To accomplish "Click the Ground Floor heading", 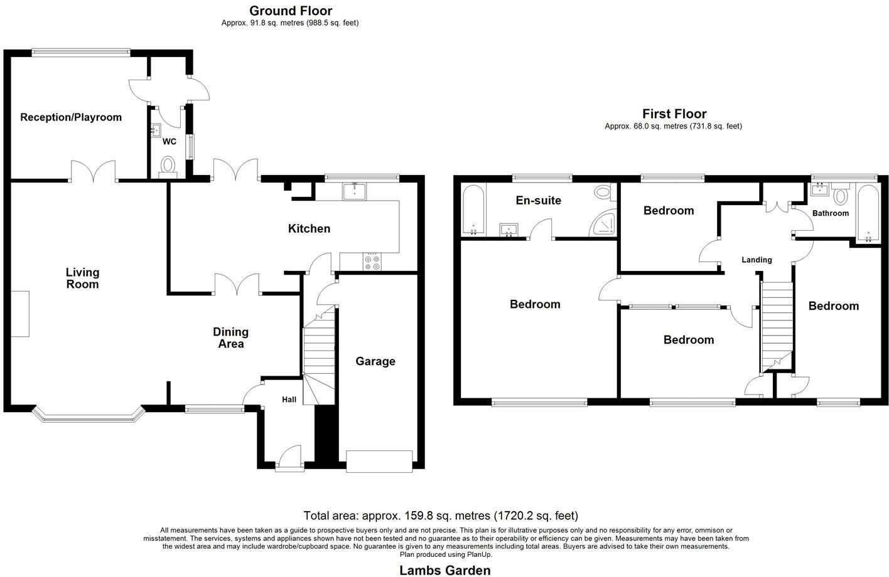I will (x=290, y=11).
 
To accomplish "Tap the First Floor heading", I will (x=674, y=114).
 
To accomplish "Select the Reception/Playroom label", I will (x=71, y=117).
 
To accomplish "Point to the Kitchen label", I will (x=309, y=229).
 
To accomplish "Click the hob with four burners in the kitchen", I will (x=372, y=262).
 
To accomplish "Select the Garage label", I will (x=375, y=361).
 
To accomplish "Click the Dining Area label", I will (x=230, y=337).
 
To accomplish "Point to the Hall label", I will (x=289, y=400).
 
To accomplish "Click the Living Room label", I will (x=83, y=278).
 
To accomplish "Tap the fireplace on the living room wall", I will (x=20, y=314).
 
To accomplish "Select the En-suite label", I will (x=538, y=201).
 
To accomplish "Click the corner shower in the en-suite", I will (x=603, y=224).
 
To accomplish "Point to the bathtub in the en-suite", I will (x=472, y=210).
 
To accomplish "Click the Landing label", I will (x=757, y=260).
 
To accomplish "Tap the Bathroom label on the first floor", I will (x=830, y=213).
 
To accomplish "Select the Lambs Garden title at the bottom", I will (x=444, y=569).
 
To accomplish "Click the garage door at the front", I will (x=379, y=461).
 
